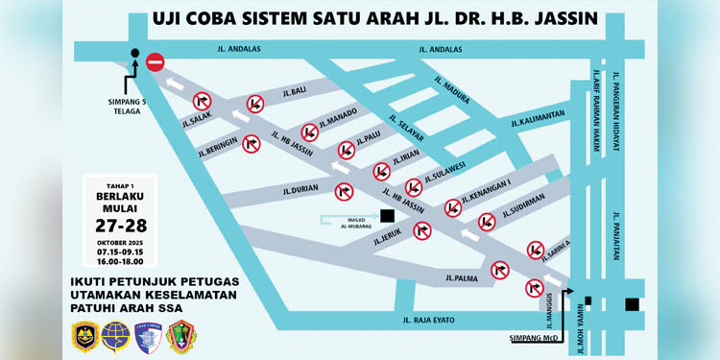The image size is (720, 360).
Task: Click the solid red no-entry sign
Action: point(156,63)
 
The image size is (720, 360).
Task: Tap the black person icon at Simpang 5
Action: point(134,60)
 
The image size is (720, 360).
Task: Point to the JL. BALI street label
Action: point(294,91)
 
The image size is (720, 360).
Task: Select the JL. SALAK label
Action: point(196,121)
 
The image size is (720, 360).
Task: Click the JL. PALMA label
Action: point(462,279)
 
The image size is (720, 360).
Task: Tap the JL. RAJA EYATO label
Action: point(427,320)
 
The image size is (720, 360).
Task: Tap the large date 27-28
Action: point(121,225)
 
